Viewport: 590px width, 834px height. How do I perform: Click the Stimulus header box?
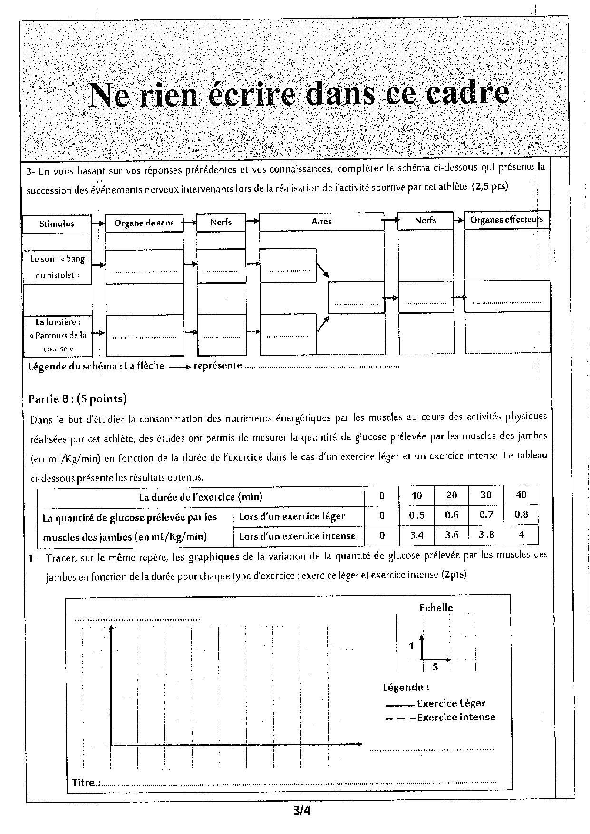click(57, 223)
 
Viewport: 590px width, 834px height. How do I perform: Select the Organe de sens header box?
click(144, 223)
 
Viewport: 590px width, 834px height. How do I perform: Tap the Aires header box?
click(321, 221)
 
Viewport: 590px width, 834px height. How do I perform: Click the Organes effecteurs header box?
click(506, 220)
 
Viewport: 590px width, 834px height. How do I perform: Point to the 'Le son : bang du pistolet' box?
click(57, 267)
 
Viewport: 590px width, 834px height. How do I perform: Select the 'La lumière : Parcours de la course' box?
click(57, 335)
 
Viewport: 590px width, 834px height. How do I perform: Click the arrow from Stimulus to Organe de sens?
click(98, 223)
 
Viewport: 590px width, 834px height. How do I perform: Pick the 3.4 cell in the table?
click(417, 535)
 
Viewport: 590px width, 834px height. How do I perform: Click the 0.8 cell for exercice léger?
click(521, 514)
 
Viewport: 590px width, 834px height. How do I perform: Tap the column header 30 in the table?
click(485, 495)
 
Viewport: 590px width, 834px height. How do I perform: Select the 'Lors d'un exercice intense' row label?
click(297, 536)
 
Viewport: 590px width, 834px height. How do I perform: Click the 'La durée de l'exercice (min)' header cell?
click(201, 497)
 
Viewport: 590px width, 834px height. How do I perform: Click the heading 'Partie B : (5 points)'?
click(77, 398)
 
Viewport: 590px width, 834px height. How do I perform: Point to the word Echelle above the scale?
click(435, 608)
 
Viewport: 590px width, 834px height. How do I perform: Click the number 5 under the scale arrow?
click(435, 667)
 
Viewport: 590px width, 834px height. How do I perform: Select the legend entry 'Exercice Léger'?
click(451, 703)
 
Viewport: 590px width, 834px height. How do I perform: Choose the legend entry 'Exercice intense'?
click(455, 717)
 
